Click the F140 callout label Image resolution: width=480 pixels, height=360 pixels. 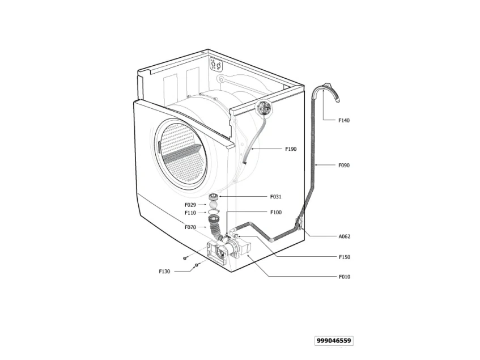coord(344,121)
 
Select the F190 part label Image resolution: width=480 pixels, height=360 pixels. coord(291,149)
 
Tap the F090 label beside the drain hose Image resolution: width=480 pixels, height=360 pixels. coord(344,166)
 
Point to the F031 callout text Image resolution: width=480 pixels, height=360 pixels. coord(275,197)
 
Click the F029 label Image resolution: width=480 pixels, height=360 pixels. coord(190,205)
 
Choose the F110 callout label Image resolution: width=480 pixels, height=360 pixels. coord(190,213)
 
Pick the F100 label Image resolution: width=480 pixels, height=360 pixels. coord(276,213)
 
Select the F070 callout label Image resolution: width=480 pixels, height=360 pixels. coord(190,227)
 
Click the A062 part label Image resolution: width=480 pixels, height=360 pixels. coord(345,236)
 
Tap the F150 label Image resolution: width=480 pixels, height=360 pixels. coord(345,257)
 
